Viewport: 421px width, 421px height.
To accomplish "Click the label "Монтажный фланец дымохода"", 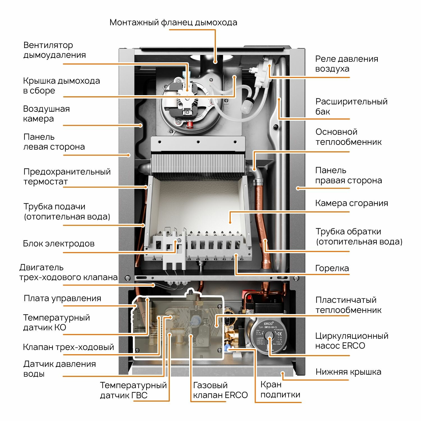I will point(173,22).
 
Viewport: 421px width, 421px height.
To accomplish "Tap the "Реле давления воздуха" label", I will point(346,64).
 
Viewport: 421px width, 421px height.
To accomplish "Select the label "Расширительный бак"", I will point(351,106).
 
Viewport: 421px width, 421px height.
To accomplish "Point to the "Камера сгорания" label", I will point(351,203).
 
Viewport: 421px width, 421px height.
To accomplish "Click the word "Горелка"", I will point(332,268).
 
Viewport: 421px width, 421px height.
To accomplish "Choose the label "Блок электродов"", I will point(59,243).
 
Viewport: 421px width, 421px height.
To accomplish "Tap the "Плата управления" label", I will point(62,298).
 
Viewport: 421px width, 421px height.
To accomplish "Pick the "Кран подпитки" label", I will point(280,390).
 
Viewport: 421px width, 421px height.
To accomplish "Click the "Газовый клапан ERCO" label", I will point(220,390).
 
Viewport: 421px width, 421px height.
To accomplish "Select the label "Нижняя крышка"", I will point(348,372).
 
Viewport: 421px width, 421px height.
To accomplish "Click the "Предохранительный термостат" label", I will point(67,177).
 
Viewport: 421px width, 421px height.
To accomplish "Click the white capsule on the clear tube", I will point(247,106).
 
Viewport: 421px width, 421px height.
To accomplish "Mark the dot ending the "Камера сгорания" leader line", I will point(230,222).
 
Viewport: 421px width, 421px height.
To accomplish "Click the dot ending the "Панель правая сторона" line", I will point(298,188).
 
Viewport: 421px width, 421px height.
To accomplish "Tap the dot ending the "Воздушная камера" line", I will point(141,125).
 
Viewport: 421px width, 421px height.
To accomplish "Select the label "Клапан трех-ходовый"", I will point(68,347).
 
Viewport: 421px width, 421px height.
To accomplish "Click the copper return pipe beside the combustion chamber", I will point(260,213).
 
